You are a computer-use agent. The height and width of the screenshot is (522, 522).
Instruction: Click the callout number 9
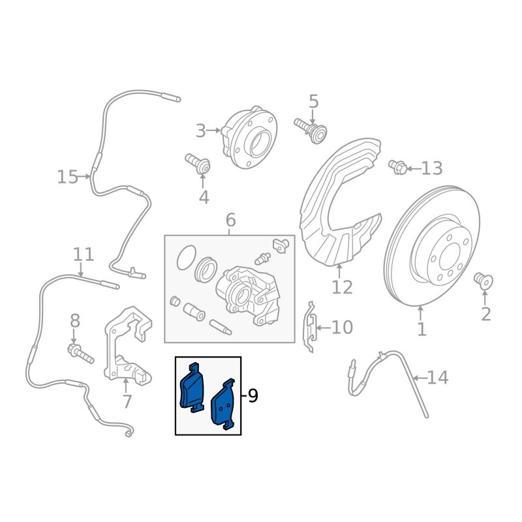coord(253,395)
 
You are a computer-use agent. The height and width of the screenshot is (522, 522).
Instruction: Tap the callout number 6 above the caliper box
coord(230,221)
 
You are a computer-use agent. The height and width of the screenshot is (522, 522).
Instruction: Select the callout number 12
coord(342,287)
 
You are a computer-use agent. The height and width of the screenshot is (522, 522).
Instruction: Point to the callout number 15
coord(67,177)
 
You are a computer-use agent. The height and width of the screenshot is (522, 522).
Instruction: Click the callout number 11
coord(84,254)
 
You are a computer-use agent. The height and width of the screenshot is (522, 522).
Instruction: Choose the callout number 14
coord(438,377)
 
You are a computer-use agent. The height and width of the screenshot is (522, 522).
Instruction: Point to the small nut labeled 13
coord(397,167)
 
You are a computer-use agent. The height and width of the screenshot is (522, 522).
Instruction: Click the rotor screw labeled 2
coord(484,281)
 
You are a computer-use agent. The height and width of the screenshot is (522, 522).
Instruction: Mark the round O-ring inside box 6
coord(185,258)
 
